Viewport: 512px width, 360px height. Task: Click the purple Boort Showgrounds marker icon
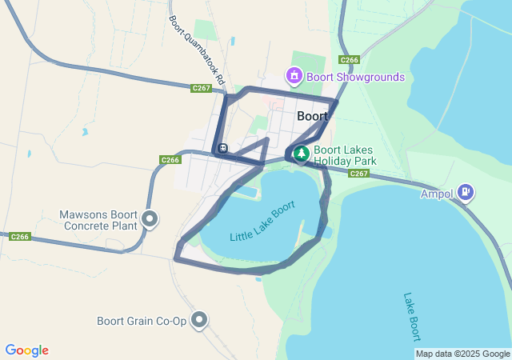click(294, 77)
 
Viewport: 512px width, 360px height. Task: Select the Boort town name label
click(312, 116)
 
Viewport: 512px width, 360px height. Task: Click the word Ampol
click(438, 193)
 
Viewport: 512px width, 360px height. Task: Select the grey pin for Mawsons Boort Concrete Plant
click(149, 218)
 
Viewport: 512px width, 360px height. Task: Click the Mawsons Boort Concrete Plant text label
click(98, 220)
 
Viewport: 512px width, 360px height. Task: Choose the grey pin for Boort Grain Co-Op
click(199, 321)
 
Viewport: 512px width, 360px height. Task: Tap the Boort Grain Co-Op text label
click(142, 322)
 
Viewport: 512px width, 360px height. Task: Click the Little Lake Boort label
click(262, 225)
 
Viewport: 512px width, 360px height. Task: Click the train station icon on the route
click(222, 148)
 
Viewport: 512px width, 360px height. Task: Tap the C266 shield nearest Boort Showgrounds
click(349, 60)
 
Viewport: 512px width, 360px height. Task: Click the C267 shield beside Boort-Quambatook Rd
click(201, 88)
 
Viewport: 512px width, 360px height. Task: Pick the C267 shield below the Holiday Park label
click(358, 174)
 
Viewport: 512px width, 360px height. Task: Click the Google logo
click(27, 350)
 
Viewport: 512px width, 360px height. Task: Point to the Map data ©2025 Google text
click(462, 354)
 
